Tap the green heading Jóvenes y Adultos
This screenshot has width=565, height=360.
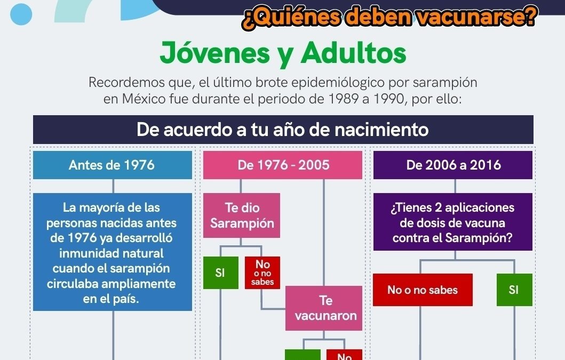point(283,53)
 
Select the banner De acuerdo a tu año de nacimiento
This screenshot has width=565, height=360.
point(283,130)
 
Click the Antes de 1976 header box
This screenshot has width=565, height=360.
point(113,165)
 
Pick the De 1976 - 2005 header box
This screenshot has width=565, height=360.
point(283,165)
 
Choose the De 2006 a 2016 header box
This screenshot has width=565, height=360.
point(453,165)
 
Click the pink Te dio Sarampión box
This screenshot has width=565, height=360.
point(242,215)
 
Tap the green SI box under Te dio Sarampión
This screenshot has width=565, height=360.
point(220,273)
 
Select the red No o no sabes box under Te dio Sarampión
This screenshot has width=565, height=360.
point(262,273)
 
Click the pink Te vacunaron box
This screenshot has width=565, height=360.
point(323,308)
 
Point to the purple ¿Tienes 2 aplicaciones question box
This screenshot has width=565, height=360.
point(453,222)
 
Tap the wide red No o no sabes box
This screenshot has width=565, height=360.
point(423,290)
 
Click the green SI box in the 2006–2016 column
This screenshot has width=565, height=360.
point(514,290)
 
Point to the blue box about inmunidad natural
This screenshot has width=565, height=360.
point(113,252)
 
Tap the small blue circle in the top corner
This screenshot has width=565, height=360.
point(21,14)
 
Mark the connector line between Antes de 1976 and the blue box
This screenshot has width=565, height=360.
point(113,186)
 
